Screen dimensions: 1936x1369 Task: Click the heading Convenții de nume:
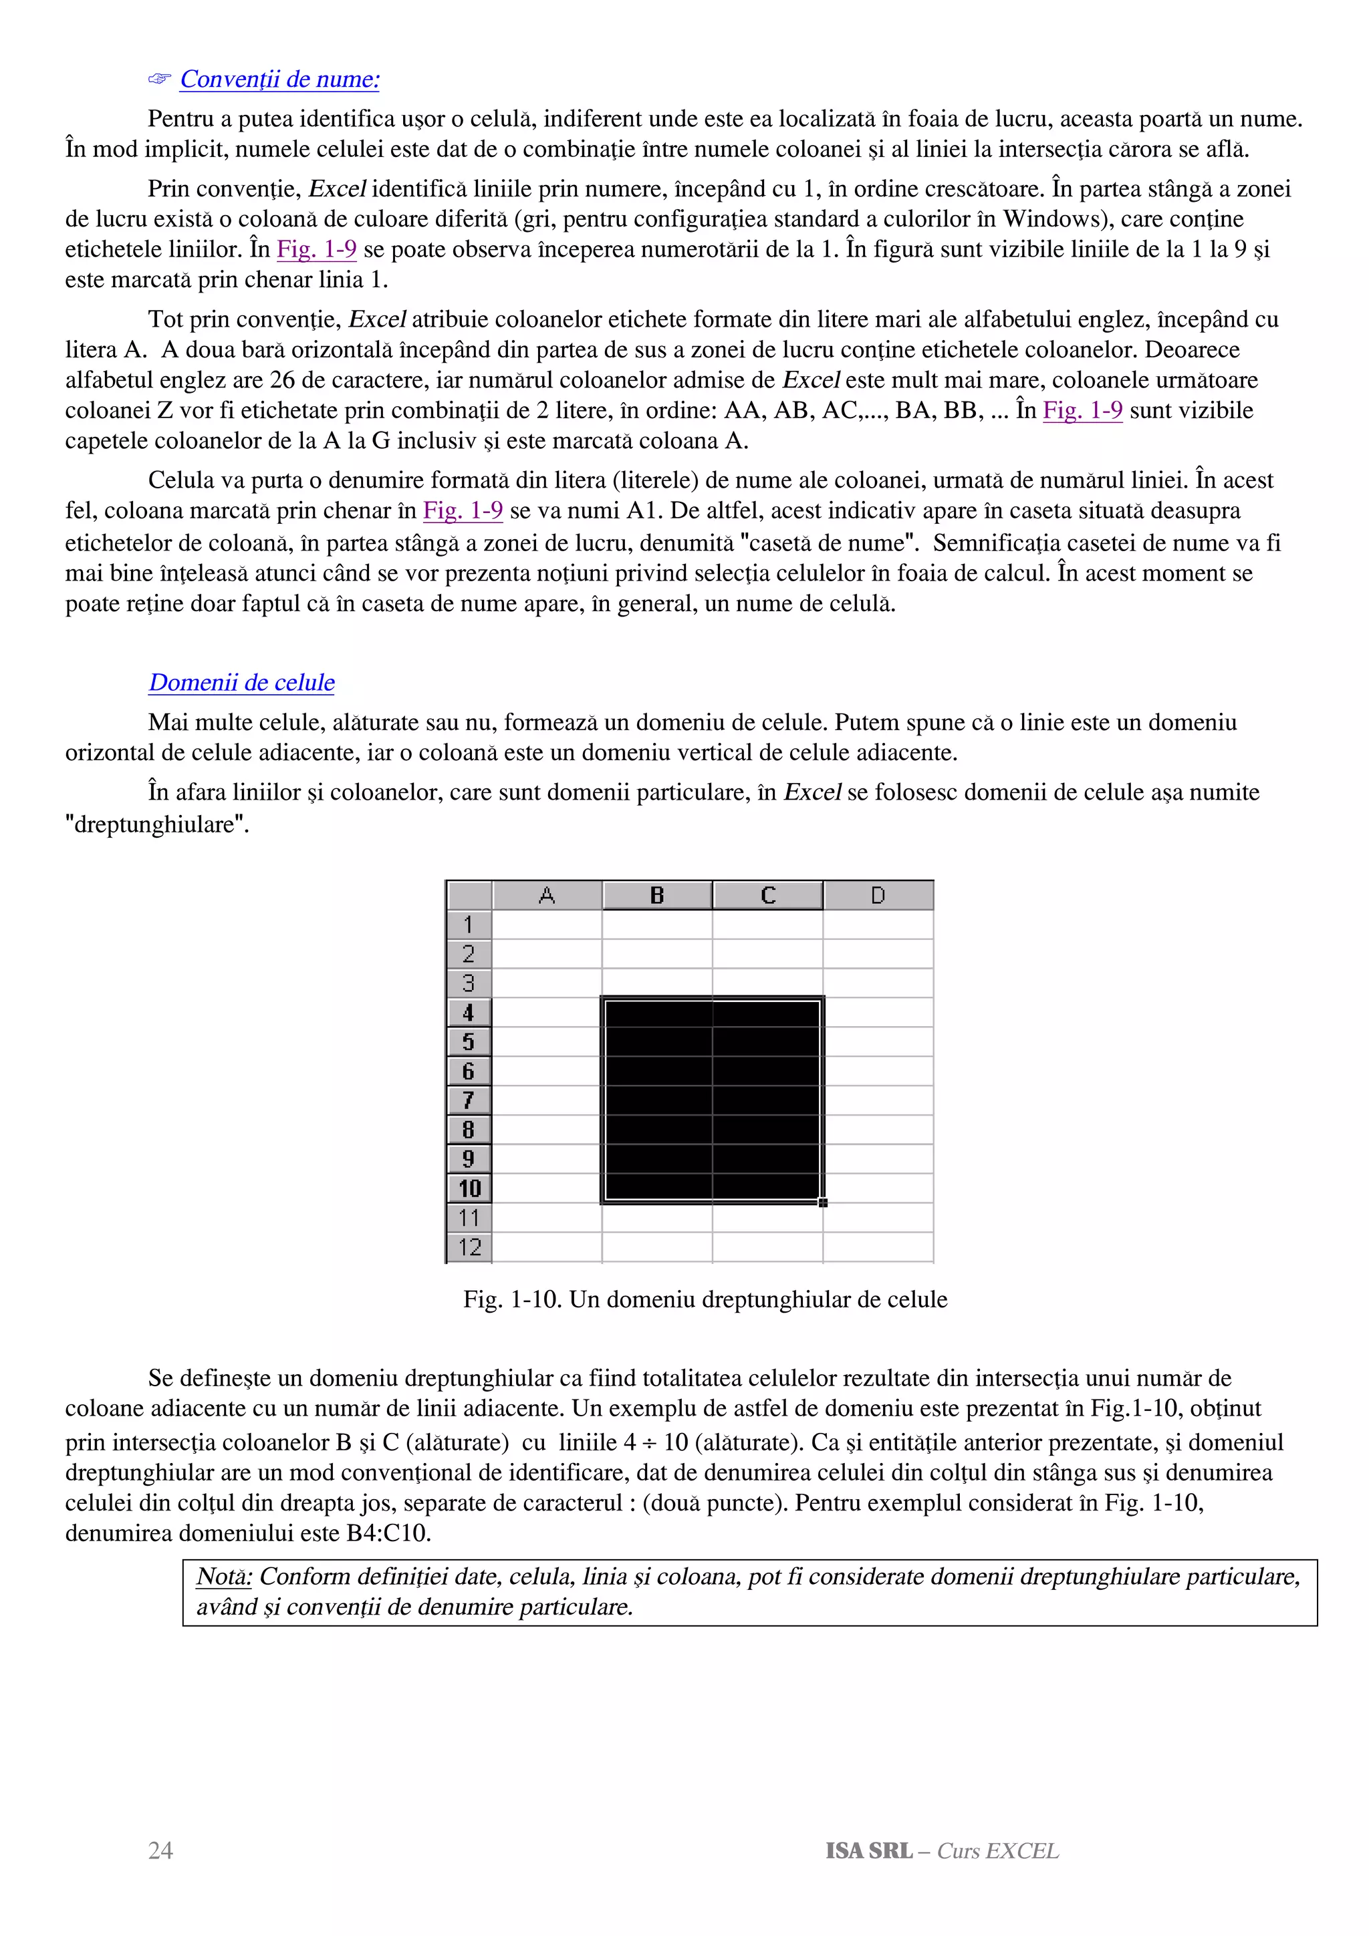pyautogui.click(x=279, y=79)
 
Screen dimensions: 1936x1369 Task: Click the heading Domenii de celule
pyautogui.click(x=241, y=682)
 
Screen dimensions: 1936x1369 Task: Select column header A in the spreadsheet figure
pyautogui.click(x=547, y=895)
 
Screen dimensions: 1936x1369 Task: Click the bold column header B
pyautogui.click(x=657, y=895)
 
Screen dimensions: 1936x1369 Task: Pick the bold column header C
pyautogui.click(x=767, y=895)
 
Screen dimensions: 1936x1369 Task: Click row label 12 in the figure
pyautogui.click(x=469, y=1247)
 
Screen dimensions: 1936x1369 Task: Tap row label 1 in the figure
pyautogui.click(x=469, y=925)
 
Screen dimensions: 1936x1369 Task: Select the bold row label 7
pyautogui.click(x=469, y=1100)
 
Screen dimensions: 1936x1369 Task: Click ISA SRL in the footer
pyautogui.click(x=869, y=1851)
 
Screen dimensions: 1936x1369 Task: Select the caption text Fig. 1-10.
pyautogui.click(x=511, y=1299)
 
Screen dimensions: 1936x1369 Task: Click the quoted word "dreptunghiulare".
pyautogui.click(x=157, y=824)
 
